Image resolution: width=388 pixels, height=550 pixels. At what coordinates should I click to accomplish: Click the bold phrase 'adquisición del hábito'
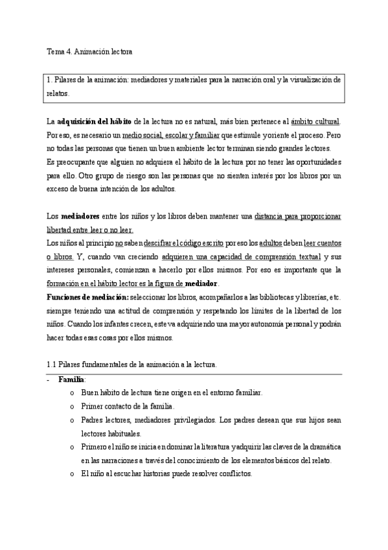tap(95, 121)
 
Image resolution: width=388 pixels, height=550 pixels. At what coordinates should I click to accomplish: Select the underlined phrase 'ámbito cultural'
tap(315, 121)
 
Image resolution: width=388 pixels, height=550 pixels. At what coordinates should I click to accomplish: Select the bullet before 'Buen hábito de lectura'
tap(71, 393)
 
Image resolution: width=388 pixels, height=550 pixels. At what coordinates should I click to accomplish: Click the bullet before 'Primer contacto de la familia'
tap(71, 407)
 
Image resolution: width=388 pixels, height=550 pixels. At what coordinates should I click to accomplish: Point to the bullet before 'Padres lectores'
tap(71, 420)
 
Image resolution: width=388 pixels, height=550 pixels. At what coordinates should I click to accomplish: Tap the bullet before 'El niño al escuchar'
tap(71, 473)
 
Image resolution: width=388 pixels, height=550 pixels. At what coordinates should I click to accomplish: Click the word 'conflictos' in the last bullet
tap(233, 473)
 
